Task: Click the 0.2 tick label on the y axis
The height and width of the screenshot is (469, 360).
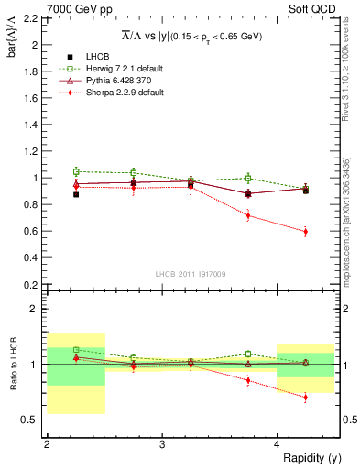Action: (x=33, y=285)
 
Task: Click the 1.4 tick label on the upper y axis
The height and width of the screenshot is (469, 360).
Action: (x=33, y=125)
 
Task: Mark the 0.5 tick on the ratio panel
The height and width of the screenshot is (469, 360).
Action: (x=33, y=420)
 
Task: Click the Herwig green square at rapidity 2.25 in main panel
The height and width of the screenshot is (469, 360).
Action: (x=76, y=171)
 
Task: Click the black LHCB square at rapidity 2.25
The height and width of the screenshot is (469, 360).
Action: (x=76, y=194)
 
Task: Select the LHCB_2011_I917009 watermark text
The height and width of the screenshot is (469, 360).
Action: (x=191, y=274)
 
